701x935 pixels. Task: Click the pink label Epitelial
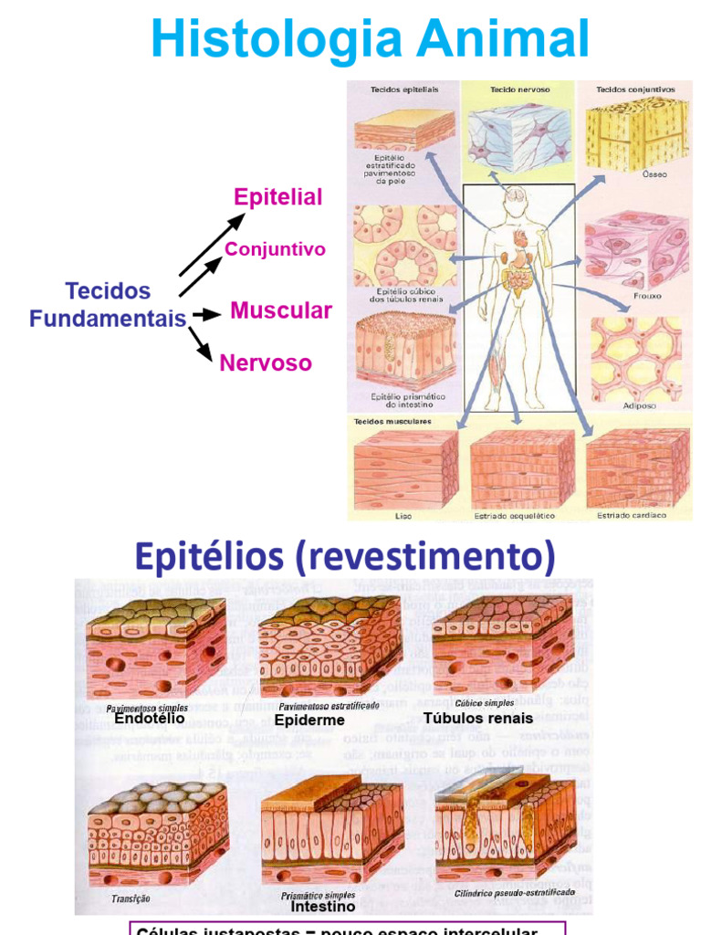click(278, 197)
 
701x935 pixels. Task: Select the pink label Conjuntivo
click(275, 249)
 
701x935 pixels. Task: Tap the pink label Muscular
click(281, 310)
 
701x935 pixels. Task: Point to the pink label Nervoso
click(266, 363)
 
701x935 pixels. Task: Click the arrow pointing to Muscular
click(206, 314)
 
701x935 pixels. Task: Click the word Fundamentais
click(108, 319)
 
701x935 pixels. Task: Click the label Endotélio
click(150, 719)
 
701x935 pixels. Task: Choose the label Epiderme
click(309, 720)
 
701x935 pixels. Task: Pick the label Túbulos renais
click(478, 718)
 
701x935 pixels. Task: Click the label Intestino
click(322, 907)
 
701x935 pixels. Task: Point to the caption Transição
click(131, 898)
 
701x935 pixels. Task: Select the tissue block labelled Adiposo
click(635, 359)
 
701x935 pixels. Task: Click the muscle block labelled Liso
click(403, 467)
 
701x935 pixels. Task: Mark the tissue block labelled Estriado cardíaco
click(636, 467)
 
